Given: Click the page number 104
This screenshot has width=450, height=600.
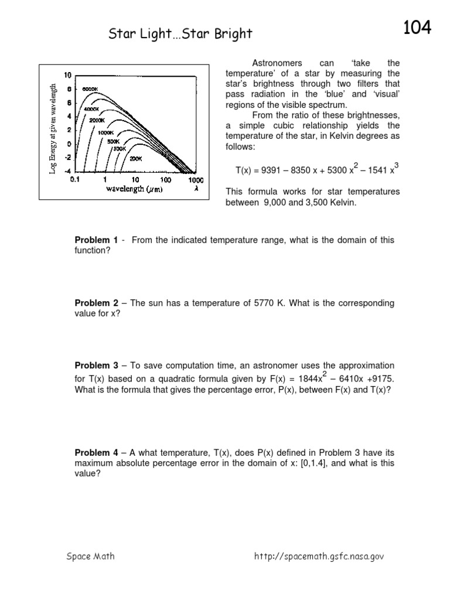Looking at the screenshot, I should [417, 27].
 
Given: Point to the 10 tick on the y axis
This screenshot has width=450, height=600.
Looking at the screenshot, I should [68, 75].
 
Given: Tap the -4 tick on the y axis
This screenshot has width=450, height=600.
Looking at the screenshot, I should [68, 171].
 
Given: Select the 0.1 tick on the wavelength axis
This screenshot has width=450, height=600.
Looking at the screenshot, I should [75, 180].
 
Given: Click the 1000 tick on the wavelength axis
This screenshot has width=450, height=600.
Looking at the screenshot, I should [196, 180].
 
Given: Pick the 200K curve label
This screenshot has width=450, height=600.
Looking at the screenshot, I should [136, 158].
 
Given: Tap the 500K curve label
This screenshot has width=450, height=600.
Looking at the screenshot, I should [112, 141].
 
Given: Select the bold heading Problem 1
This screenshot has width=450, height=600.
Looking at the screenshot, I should [97, 240].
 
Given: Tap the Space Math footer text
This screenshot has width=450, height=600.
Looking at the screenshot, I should [90, 557].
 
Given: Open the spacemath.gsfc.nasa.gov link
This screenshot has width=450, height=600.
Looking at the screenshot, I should [319, 557].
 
